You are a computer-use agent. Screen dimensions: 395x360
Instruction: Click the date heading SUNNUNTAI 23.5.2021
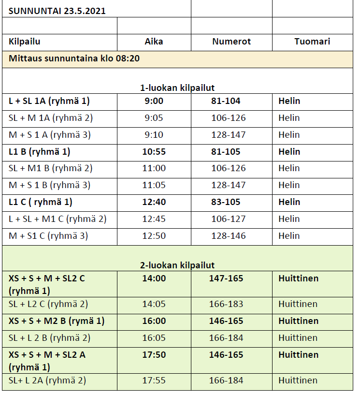point(57,11)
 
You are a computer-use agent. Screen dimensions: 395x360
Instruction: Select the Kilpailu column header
point(24,42)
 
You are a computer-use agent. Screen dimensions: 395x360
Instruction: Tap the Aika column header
point(154,42)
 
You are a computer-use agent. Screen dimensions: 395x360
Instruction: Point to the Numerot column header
point(231,42)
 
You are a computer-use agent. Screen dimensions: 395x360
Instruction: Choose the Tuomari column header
point(312,42)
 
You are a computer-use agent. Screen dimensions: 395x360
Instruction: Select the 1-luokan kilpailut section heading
point(177,88)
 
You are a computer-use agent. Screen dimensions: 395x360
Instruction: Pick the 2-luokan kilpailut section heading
point(177,265)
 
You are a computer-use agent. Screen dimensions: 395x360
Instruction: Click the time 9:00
point(154,101)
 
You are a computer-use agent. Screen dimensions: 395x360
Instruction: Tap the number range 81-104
point(226,101)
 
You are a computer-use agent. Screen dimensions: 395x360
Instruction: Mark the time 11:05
point(154,185)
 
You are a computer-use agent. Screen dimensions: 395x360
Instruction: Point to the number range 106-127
point(228,219)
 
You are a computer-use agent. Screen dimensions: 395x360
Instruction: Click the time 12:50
point(154,236)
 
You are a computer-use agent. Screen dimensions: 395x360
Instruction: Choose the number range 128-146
point(228,236)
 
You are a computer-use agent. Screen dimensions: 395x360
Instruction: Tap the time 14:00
point(154,278)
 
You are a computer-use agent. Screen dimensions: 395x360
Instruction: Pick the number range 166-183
point(226,304)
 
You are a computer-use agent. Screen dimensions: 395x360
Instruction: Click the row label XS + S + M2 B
point(56,321)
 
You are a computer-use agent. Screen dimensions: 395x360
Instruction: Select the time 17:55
point(154,380)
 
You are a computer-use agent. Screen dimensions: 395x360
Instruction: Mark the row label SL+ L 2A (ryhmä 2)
point(47,380)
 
